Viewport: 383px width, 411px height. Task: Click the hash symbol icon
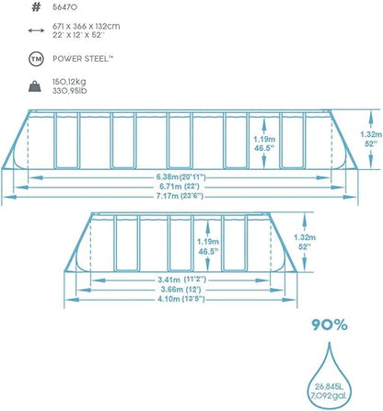pyautogui.click(x=36, y=7)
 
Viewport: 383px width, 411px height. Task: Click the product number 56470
pyautogui.click(x=64, y=7)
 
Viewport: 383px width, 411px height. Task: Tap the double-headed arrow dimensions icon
pyautogui.click(x=36, y=30)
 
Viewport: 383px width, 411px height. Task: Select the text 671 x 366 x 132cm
pyautogui.click(x=87, y=27)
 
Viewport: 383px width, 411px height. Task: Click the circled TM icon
pyautogui.click(x=36, y=59)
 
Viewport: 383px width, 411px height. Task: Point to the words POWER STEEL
pyautogui.click(x=81, y=59)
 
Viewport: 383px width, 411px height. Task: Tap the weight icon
pyautogui.click(x=36, y=86)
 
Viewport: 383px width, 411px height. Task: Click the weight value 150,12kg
pyautogui.click(x=69, y=82)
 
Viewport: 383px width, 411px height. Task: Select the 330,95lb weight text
pyautogui.click(x=69, y=91)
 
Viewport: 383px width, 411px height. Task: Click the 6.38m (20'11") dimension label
pyautogui.click(x=181, y=177)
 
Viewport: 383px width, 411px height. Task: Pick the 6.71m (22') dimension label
pyautogui.click(x=178, y=187)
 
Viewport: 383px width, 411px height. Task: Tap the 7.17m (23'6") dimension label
pyautogui.click(x=180, y=196)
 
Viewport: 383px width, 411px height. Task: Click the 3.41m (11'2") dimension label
pyautogui.click(x=182, y=280)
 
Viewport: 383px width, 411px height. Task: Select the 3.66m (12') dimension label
pyautogui.click(x=180, y=289)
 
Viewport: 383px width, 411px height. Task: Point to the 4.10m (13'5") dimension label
pyautogui.click(x=181, y=299)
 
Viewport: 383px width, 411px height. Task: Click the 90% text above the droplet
pyautogui.click(x=330, y=325)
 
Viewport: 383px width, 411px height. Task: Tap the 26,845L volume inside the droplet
pyautogui.click(x=330, y=386)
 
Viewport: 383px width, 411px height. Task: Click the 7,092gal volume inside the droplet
pyautogui.click(x=329, y=396)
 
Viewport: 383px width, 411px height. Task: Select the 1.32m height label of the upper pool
pyautogui.click(x=371, y=134)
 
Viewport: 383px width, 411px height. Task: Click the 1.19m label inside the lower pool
pyautogui.click(x=208, y=242)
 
